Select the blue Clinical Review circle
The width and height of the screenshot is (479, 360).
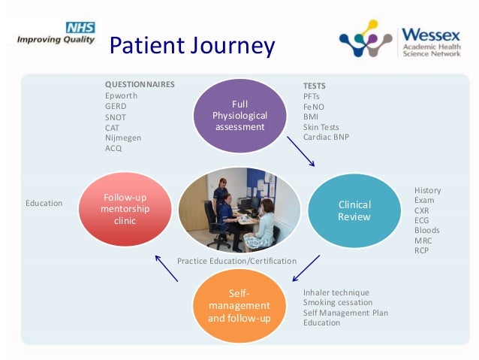(x=355, y=210)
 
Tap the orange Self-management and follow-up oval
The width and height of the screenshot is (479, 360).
(x=238, y=305)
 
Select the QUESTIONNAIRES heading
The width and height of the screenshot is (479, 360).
(x=140, y=85)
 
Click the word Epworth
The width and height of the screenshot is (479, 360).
(x=122, y=95)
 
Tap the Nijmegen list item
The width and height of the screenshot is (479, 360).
(x=123, y=138)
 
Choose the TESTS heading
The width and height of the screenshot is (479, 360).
(x=314, y=86)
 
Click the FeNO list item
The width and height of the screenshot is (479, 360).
(x=314, y=107)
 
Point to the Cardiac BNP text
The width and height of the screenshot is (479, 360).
(x=326, y=138)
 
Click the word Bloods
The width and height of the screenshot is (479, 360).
(x=426, y=231)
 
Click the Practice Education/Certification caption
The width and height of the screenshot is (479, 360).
(x=236, y=261)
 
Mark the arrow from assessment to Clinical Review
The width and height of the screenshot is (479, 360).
(x=300, y=150)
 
